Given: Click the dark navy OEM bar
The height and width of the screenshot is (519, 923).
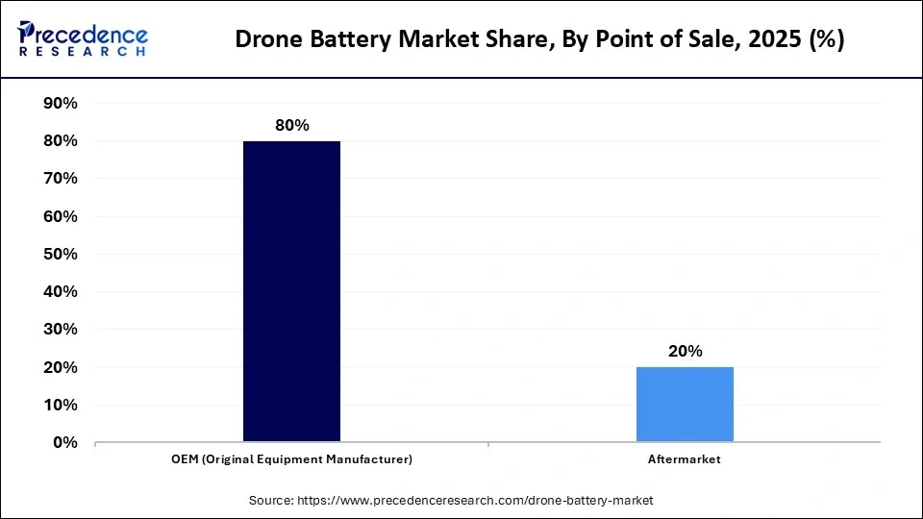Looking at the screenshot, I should click(x=291, y=291).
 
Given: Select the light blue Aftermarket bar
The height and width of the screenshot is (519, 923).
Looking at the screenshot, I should click(x=685, y=405).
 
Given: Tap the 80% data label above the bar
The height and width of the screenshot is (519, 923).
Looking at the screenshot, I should click(x=291, y=126).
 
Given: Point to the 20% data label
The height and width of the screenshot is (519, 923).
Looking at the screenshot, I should click(x=685, y=352).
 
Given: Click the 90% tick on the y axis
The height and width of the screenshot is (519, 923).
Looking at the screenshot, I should click(x=60, y=103).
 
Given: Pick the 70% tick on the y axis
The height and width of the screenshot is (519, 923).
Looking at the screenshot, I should click(x=60, y=179).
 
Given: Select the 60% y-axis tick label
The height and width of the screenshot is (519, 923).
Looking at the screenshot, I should click(x=60, y=216).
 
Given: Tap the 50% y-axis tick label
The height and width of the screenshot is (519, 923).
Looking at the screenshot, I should click(x=60, y=254).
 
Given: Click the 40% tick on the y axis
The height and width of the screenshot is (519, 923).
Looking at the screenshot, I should click(x=60, y=291).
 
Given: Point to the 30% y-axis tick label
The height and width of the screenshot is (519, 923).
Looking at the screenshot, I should click(x=60, y=330).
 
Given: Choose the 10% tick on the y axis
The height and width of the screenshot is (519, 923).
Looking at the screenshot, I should click(x=60, y=405).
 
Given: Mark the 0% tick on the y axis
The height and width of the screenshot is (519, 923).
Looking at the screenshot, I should click(x=64, y=442).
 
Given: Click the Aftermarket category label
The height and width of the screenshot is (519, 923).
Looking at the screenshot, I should click(x=685, y=459).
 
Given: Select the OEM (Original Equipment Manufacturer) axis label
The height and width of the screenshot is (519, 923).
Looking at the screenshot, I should click(x=291, y=459).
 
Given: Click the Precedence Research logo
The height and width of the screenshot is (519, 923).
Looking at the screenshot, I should click(x=83, y=39).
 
